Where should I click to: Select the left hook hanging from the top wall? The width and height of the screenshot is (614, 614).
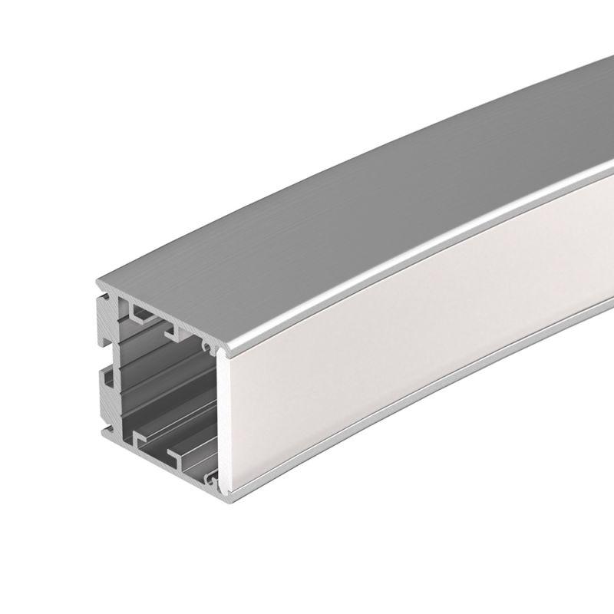click(138, 315)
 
